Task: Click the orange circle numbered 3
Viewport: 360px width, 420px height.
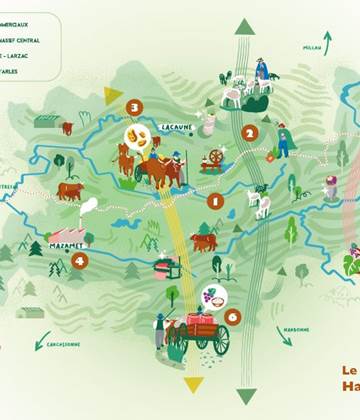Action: (x=134, y=107)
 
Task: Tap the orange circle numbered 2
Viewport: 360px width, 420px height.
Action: (x=249, y=131)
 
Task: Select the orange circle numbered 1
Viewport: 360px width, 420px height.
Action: (x=214, y=201)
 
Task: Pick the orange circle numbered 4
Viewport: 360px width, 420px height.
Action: (x=79, y=260)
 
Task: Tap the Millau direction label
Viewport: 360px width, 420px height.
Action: (x=312, y=47)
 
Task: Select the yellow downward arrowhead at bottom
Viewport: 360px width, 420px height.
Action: (x=193, y=384)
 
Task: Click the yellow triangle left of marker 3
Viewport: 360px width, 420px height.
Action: (x=113, y=95)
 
